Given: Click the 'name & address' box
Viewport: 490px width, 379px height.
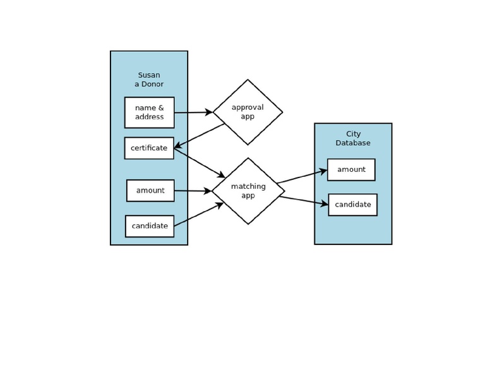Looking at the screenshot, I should pyautogui.click(x=149, y=112).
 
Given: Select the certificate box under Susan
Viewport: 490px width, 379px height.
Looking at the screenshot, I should pyautogui.click(x=149, y=148).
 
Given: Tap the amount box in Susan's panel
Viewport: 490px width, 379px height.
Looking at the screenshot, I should pyautogui.click(x=150, y=191).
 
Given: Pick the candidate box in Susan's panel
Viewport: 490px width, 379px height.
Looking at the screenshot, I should pyautogui.click(x=150, y=226).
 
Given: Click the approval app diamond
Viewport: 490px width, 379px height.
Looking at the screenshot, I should pyautogui.click(x=248, y=112).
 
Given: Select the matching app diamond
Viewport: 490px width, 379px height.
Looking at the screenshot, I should pyautogui.click(x=248, y=191).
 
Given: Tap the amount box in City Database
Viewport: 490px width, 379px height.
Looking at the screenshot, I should pyautogui.click(x=351, y=170).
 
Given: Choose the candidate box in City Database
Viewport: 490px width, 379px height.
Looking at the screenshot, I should pyautogui.click(x=352, y=205).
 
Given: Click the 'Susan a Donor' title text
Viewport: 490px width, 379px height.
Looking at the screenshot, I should pyautogui.click(x=149, y=80).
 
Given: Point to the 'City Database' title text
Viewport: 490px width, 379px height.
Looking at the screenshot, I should pyautogui.click(x=353, y=138).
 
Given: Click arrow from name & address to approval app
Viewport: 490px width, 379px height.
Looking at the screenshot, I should pyautogui.click(x=193, y=112).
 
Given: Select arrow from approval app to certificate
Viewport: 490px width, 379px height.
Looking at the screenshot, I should pyautogui.click(x=200, y=136).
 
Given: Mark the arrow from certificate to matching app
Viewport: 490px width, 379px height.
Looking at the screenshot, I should pyautogui.click(x=199, y=163).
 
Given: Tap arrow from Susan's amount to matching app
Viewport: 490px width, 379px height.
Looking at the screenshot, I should pyautogui.click(x=193, y=191).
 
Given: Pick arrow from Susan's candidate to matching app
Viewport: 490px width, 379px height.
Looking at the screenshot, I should pyautogui.click(x=198, y=215).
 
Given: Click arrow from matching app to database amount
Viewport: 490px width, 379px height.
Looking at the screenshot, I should pyautogui.click(x=301, y=177).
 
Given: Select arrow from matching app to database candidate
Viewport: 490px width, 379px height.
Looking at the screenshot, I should pyautogui.click(x=303, y=201).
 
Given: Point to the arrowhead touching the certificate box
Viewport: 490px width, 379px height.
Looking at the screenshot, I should pyautogui.click(x=178, y=146).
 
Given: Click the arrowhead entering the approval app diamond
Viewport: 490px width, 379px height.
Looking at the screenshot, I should pyautogui.click(x=208, y=112).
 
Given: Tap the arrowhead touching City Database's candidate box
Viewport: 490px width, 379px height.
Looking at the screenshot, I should pyautogui.click(x=325, y=204).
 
